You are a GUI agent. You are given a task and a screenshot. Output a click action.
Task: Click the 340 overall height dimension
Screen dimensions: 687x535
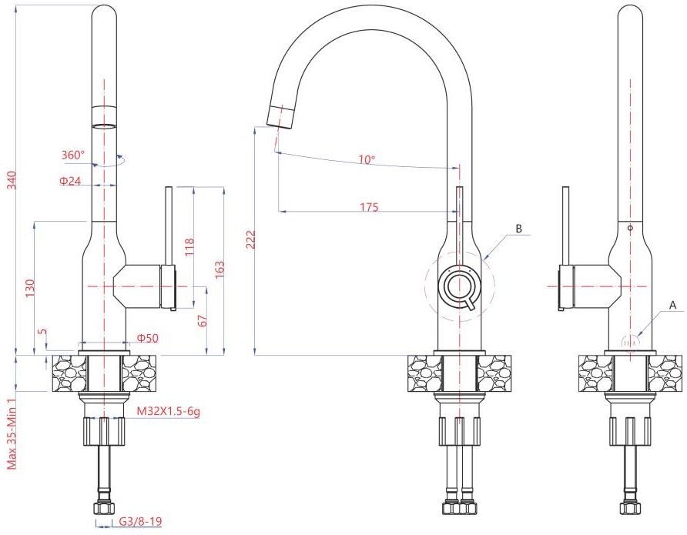[12, 180]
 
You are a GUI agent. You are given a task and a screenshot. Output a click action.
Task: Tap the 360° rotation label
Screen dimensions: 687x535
[72, 155]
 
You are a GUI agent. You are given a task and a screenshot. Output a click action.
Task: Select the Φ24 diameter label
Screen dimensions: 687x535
[71, 181]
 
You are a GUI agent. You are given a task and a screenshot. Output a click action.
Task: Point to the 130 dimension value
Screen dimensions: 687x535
[30, 289]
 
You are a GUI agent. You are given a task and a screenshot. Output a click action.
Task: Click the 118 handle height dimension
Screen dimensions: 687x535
[189, 247]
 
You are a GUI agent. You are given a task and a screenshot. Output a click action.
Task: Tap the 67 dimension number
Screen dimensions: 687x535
[202, 320]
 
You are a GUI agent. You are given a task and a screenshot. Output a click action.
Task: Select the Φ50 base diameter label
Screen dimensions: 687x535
[148, 338]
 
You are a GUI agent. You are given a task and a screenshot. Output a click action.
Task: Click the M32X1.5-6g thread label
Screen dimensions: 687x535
[169, 411]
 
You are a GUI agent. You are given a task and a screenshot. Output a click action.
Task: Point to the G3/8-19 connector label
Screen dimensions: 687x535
[141, 521]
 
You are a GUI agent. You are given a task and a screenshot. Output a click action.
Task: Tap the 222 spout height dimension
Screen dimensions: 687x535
[250, 239]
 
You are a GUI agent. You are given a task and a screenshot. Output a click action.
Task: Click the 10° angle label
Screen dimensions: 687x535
[367, 160]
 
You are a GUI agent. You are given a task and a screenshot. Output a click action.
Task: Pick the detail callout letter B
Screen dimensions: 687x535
[519, 229]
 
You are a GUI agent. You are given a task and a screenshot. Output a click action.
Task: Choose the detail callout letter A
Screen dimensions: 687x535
[673, 305]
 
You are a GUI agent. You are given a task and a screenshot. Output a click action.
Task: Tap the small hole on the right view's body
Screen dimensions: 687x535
[630, 228]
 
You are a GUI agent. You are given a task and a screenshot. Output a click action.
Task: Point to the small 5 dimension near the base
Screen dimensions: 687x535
[42, 332]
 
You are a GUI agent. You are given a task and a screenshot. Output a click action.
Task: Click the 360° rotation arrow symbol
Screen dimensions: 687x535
[109, 160]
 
